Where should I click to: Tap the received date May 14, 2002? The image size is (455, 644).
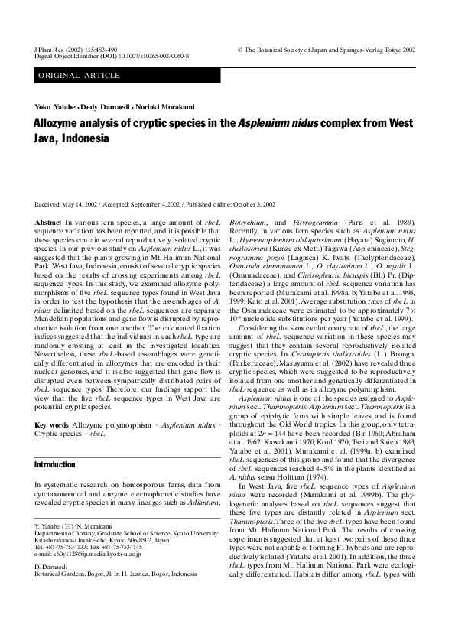click(82, 204)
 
